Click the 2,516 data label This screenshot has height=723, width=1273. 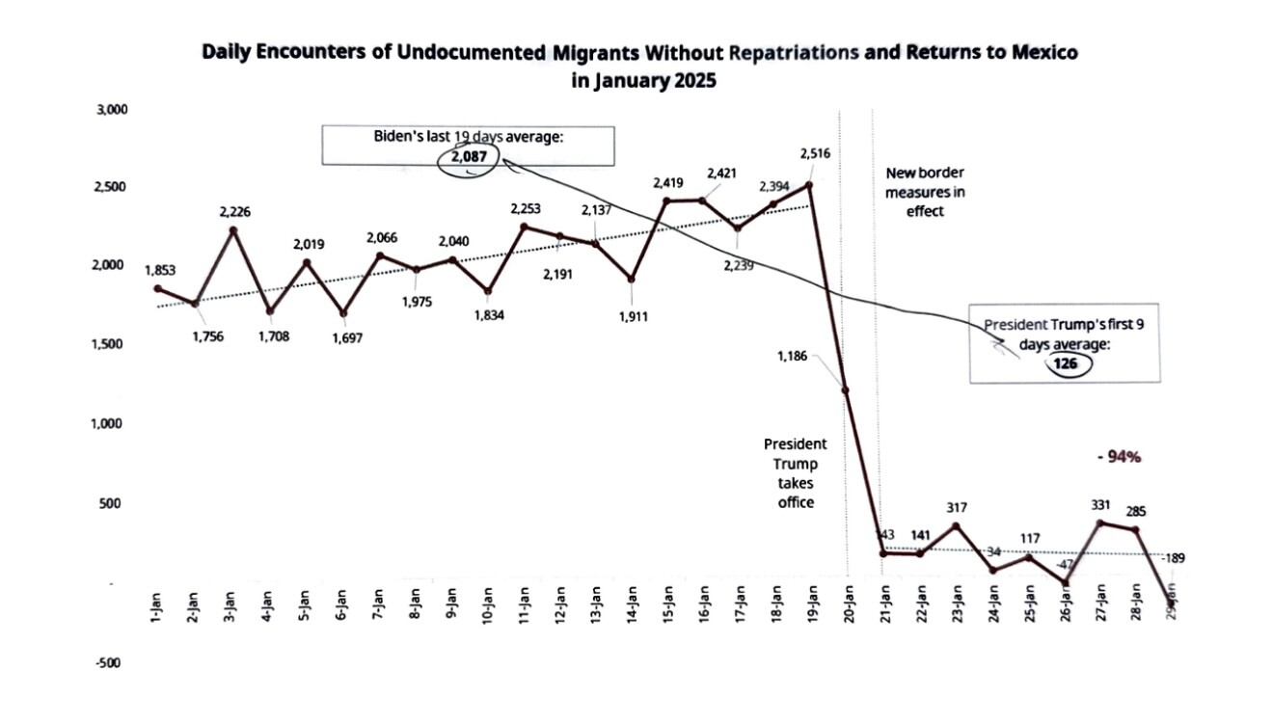pyautogui.click(x=815, y=153)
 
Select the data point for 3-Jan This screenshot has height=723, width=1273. pyautogui.click(x=231, y=230)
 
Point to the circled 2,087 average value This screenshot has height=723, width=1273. pyautogui.click(x=467, y=156)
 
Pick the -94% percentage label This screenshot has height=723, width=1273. pyautogui.click(x=1120, y=457)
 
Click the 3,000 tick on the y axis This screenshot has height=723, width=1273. pyautogui.click(x=113, y=111)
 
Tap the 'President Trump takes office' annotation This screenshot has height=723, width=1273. pyautogui.click(x=796, y=473)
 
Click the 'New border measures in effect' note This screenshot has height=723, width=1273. pyautogui.click(x=925, y=192)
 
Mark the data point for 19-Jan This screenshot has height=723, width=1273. pyautogui.click(x=809, y=185)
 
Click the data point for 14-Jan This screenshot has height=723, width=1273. pyautogui.click(x=631, y=280)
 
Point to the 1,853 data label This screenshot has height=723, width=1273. pyautogui.click(x=159, y=269)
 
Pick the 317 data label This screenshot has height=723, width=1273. pyautogui.click(x=957, y=507)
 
